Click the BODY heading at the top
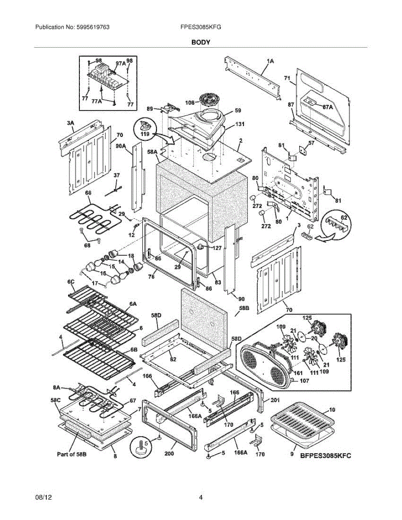click(201, 42)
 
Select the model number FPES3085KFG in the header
click(201, 27)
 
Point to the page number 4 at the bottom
click(201, 497)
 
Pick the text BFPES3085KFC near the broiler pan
click(326, 455)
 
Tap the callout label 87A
click(328, 106)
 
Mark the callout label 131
click(239, 124)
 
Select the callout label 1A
click(270, 62)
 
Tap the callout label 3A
click(71, 123)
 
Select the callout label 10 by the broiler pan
click(332, 409)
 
